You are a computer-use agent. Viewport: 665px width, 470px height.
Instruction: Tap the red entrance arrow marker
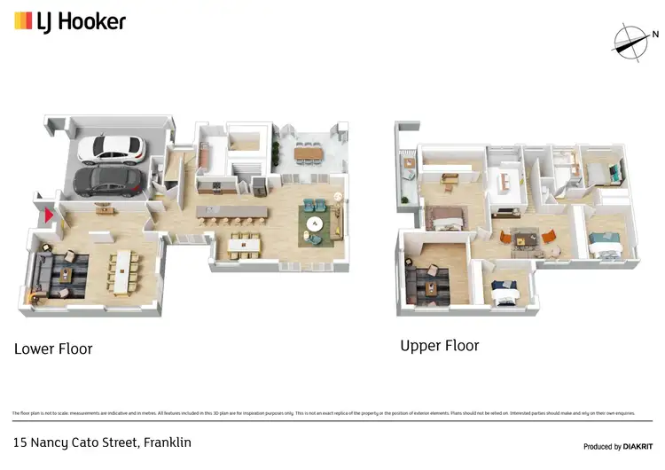coord(50,214)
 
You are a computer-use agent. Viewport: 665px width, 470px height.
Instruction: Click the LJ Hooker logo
coord(70,21)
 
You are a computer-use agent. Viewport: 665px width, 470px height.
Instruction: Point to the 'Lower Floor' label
coord(53,349)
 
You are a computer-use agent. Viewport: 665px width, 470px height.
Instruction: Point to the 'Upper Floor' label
coord(439,346)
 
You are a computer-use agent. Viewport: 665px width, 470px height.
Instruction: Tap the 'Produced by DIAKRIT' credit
coord(617,445)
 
